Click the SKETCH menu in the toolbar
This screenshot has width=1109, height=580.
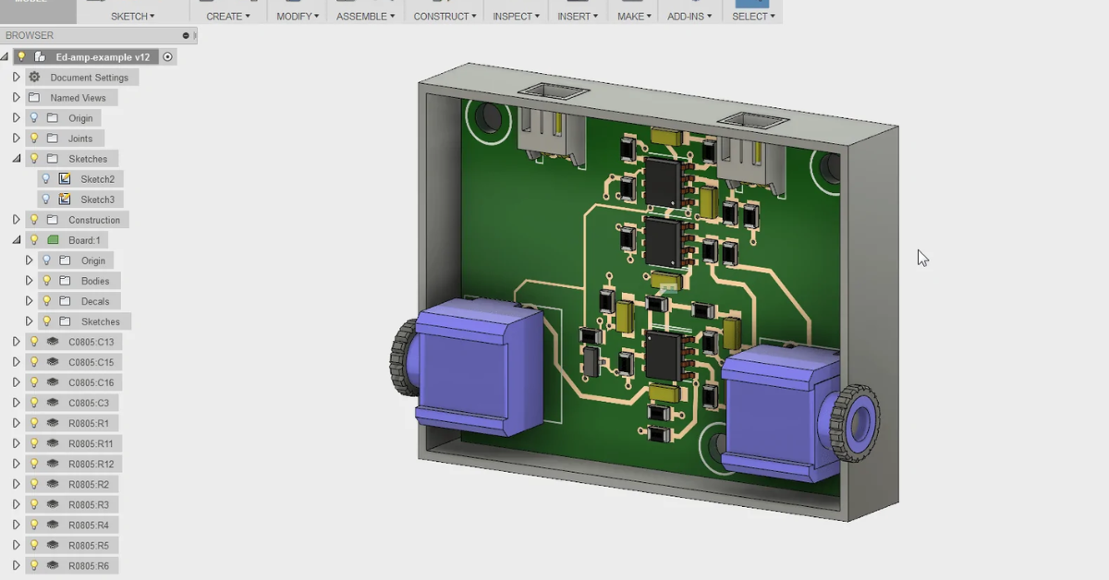tap(132, 17)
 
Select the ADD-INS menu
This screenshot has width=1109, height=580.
tap(689, 17)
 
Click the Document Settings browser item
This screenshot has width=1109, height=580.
tap(89, 78)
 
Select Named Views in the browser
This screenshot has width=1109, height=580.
tap(78, 98)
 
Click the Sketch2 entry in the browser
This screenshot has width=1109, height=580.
tap(97, 179)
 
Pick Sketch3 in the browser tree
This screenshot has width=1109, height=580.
tap(97, 199)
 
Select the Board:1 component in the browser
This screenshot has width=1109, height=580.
tap(84, 240)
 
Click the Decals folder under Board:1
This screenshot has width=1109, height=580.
tap(94, 301)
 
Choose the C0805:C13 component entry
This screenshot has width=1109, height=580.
tap(91, 342)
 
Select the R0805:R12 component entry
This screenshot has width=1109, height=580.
tap(91, 464)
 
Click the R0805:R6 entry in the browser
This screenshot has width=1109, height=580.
tap(88, 565)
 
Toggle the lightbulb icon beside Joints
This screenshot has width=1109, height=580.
tap(34, 139)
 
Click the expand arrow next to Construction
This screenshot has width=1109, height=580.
tap(16, 220)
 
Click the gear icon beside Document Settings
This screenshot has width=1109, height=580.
tap(34, 78)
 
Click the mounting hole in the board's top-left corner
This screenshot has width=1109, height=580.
tap(487, 117)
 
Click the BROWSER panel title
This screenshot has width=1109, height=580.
tap(30, 36)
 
